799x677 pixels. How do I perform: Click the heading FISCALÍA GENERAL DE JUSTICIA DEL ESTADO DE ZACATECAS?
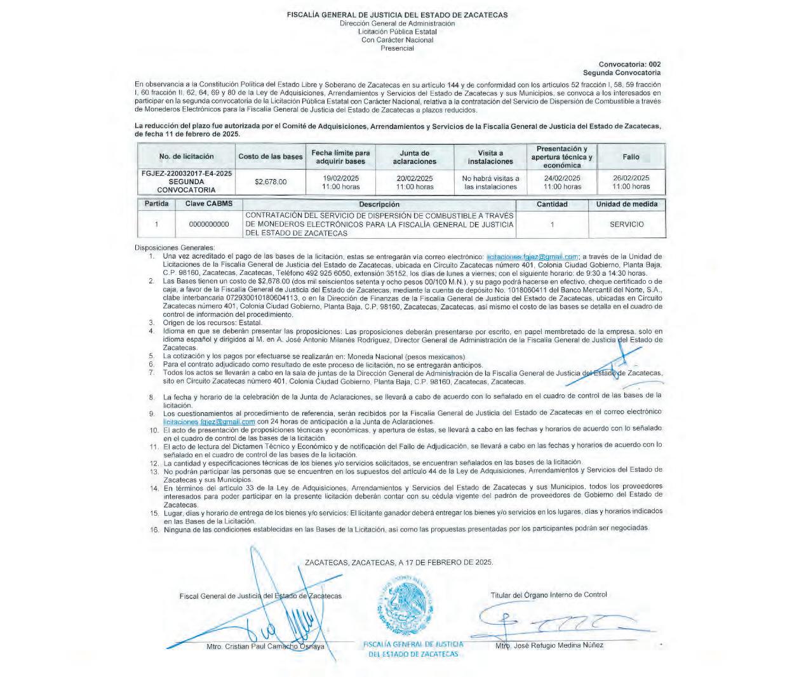pos(397,15)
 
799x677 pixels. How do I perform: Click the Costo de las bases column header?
pos(271,156)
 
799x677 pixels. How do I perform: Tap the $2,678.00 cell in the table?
pos(271,182)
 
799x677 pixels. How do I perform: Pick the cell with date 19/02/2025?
pos(340,182)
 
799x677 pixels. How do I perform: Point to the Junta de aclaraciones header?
pos(414,157)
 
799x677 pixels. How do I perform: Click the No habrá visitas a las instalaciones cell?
pos(490,182)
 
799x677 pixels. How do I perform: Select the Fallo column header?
pos(631,156)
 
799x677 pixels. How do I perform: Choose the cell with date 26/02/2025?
pos(631,182)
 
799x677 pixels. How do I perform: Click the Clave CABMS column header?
pos(209,204)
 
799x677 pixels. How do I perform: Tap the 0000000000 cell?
pos(209,224)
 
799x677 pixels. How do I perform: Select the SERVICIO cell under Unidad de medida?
pos(626,224)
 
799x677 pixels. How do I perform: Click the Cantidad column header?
pos(552,204)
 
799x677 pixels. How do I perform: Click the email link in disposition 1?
pos(532,256)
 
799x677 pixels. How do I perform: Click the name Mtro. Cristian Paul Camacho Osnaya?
pos(265,647)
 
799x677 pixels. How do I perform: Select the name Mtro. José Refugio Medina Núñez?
pos(549,645)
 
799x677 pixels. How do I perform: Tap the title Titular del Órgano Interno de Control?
pos(548,595)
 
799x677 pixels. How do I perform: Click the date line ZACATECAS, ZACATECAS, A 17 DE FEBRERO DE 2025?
pos(399,563)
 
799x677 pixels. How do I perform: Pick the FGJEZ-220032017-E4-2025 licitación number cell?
pos(186,182)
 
